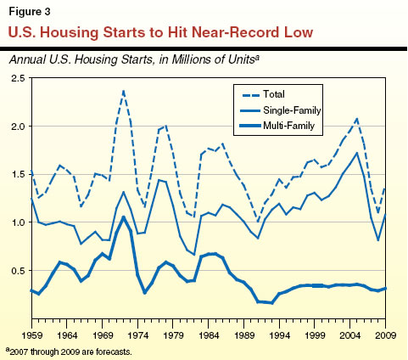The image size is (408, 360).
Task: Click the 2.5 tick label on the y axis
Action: tap(17, 78)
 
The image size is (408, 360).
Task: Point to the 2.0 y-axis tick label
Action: tap(17, 127)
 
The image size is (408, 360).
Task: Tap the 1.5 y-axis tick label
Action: tap(17, 175)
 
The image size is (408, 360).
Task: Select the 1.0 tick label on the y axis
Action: tap(17, 222)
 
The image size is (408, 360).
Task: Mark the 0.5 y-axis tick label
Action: tap(17, 271)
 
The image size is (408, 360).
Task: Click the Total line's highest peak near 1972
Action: tap(123, 90)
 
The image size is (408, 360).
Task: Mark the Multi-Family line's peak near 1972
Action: tap(123, 217)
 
